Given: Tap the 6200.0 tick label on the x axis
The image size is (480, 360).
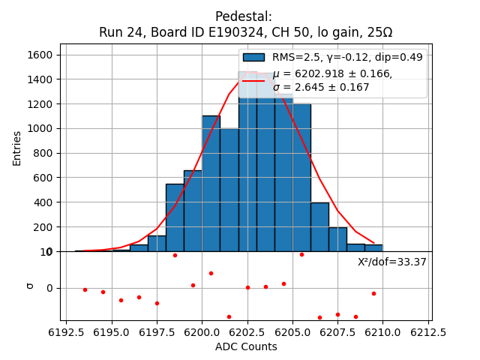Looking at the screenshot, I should click(202, 332).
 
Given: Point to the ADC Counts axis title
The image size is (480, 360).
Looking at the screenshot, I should click(246, 346).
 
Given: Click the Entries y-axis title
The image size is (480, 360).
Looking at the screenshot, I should click(17, 148).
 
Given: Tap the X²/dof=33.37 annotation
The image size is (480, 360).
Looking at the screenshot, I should click(391, 262).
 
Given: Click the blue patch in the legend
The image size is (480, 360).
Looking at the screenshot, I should click(253, 57).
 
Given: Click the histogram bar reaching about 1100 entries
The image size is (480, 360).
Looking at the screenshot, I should click(211, 184).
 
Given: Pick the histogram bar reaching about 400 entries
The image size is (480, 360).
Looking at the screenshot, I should click(319, 226).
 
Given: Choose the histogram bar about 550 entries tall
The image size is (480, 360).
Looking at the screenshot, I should click(175, 217).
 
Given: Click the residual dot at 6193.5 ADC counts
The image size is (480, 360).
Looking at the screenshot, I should click(85, 289).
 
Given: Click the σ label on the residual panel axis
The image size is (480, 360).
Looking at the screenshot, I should click(30, 285).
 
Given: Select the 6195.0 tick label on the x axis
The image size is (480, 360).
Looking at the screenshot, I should click(112, 332).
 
